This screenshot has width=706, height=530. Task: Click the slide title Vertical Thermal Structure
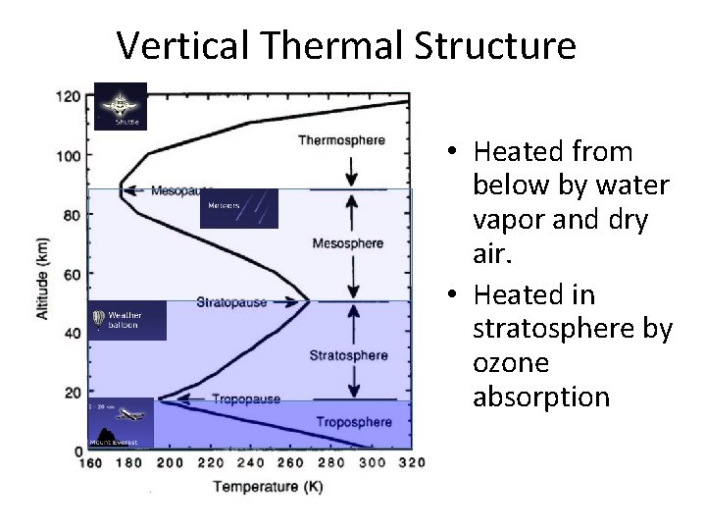346,45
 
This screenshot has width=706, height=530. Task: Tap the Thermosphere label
342,140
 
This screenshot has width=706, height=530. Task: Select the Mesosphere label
347,242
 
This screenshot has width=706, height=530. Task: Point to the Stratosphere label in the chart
348,354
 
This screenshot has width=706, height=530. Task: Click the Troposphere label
353,422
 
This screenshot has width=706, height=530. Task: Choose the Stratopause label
231,302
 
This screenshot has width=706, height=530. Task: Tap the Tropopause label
245,399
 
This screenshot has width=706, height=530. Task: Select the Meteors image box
239,208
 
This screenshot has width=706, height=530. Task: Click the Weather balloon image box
127,320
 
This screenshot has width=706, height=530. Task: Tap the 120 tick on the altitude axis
69,96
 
